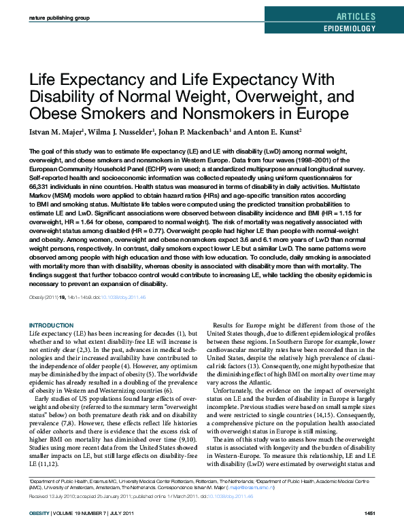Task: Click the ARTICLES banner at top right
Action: tap(356, 16)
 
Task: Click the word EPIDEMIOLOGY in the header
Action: tap(349, 29)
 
